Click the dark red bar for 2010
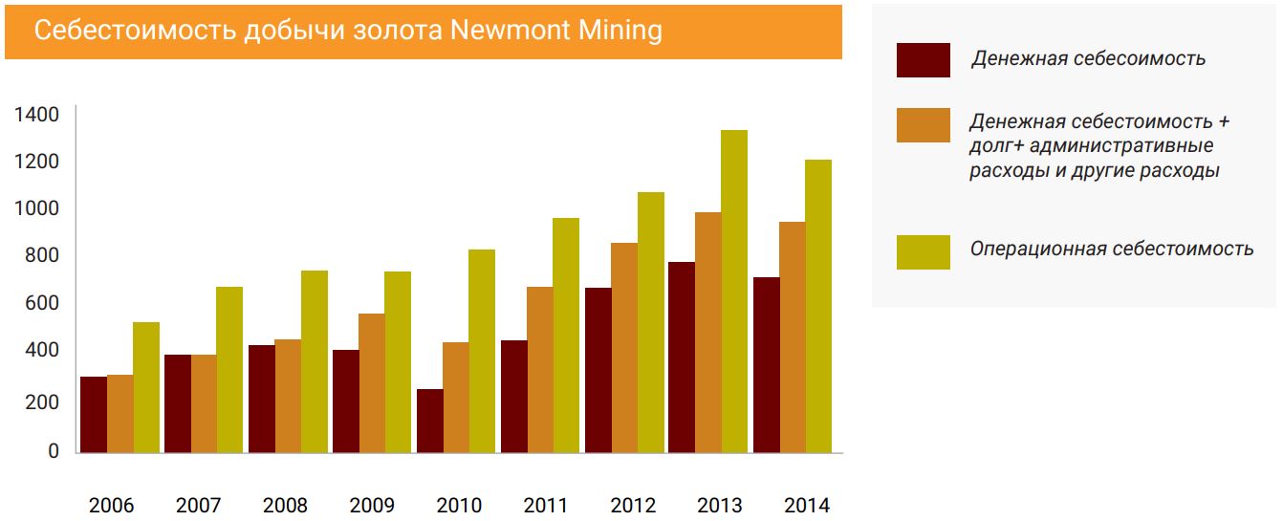tap(429, 421)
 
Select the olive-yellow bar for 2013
tap(734, 291)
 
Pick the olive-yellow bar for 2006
tap(146, 387)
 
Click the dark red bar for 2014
tap(766, 364)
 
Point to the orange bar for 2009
tap(372, 382)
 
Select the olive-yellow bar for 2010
tap(482, 351)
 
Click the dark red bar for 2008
tap(261, 399)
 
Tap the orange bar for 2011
tap(539, 369)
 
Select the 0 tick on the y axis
tap(54, 451)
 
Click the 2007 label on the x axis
tap(199, 506)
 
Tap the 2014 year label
tap(806, 506)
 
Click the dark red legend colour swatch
tap(923, 60)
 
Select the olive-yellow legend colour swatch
tap(923, 251)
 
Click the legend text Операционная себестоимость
tap(1111, 249)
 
